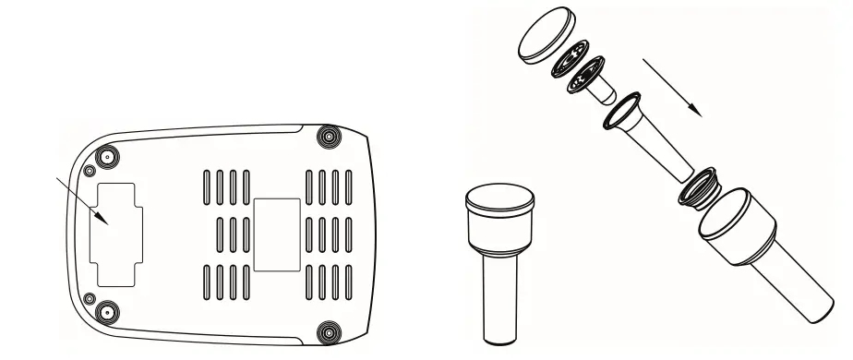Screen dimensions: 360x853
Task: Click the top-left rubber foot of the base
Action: pyautogui.click(x=107, y=157)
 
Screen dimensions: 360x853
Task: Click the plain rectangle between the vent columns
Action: pyautogui.click(x=276, y=234)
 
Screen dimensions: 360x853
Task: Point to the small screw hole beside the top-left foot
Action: pyautogui.click(x=89, y=171)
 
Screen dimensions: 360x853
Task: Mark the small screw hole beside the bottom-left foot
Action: pyautogui.click(x=90, y=296)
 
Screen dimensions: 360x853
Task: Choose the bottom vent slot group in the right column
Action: pyautogui.click(x=328, y=283)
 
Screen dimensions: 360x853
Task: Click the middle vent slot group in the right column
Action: pyautogui.click(x=328, y=235)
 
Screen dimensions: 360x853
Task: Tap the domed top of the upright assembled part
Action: pyautogui.click(x=500, y=197)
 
